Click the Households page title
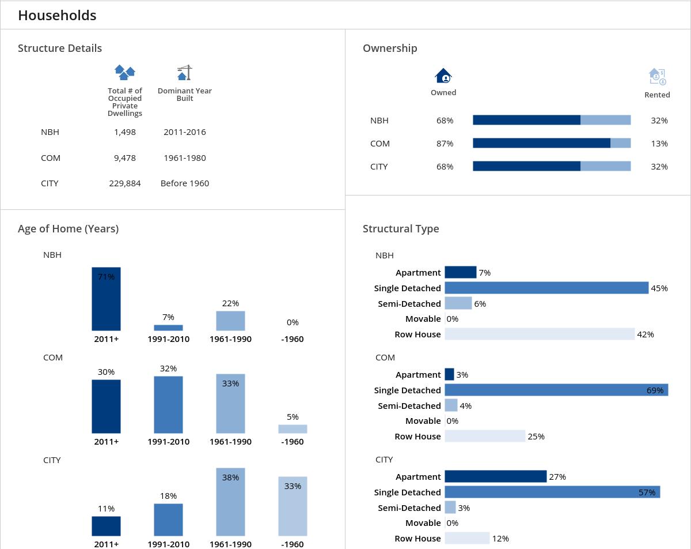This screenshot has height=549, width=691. pyautogui.click(x=57, y=16)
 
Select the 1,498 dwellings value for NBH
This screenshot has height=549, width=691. pyautogui.click(x=125, y=132)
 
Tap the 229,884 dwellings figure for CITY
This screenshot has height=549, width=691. pyautogui.click(x=125, y=183)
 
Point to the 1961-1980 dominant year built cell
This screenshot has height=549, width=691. pyautogui.click(x=185, y=158)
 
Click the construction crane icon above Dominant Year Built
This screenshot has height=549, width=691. pyautogui.click(x=184, y=73)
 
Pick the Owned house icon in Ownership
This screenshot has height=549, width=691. pyautogui.click(x=443, y=76)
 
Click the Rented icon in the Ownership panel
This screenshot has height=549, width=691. pyautogui.click(x=657, y=77)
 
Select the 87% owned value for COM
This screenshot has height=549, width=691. pyautogui.click(x=445, y=144)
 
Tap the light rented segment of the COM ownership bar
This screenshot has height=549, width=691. pyautogui.click(x=620, y=144)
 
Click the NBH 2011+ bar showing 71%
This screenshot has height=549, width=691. pyautogui.click(x=106, y=299)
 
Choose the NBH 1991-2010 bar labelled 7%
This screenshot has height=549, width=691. pyautogui.click(x=168, y=328)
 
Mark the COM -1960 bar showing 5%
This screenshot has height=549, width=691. pyautogui.click(x=293, y=429)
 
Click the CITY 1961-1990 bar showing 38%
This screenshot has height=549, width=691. pyautogui.click(x=230, y=502)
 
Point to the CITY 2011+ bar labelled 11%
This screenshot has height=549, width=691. pyautogui.click(x=106, y=526)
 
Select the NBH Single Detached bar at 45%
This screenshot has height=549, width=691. pyautogui.click(x=546, y=288)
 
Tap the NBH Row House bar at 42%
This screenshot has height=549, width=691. pyautogui.click(x=540, y=334)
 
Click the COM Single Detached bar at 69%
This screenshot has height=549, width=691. pyautogui.click(x=556, y=390)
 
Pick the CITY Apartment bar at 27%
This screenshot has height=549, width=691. pyautogui.click(x=495, y=476)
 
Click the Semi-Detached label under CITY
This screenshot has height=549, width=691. pyautogui.click(x=409, y=508)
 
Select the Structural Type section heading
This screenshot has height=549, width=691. pyautogui.click(x=401, y=229)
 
